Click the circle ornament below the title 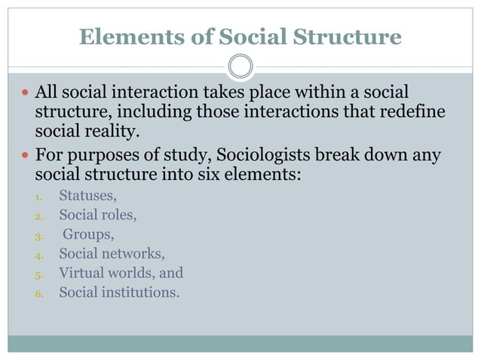240,67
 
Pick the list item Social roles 98,215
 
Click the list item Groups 89,234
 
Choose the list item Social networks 112,253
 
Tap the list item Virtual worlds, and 121,273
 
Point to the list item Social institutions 119,291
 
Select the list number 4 40,255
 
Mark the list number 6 40,293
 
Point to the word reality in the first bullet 113,132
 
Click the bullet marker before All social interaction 23,93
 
